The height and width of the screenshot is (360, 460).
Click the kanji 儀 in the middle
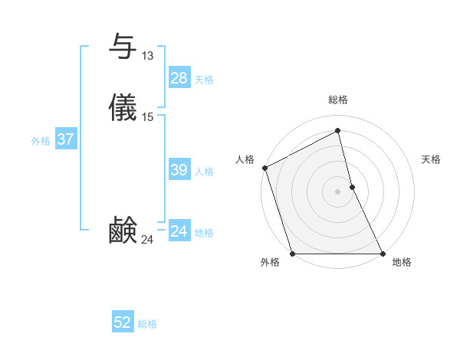tap(123, 108)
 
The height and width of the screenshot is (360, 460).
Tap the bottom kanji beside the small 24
tap(123, 231)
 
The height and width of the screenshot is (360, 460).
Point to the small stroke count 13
tap(147, 56)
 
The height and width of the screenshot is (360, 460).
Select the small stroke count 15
tap(147, 117)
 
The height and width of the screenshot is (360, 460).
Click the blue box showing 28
tap(179, 77)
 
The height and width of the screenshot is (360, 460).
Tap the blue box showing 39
tap(179, 170)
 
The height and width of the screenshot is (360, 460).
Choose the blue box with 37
tap(66, 139)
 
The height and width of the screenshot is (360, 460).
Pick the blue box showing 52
tap(123, 322)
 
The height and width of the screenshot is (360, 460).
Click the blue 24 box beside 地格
tap(179, 231)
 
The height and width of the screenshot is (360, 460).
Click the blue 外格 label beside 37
tap(41, 141)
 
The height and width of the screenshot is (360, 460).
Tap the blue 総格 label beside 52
tap(147, 324)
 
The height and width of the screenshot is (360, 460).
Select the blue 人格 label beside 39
tap(205, 172)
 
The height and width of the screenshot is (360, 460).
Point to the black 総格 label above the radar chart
tap(338, 100)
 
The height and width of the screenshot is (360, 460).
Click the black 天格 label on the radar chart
tap(431, 159)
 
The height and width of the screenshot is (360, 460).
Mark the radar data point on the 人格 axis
tap(264, 168)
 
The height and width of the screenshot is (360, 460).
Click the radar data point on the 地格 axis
tap(382, 253)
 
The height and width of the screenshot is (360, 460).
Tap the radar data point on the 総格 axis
tap(338, 132)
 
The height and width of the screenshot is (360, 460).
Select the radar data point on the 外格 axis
tap(293, 253)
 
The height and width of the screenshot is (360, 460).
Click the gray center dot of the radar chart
tap(338, 191)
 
